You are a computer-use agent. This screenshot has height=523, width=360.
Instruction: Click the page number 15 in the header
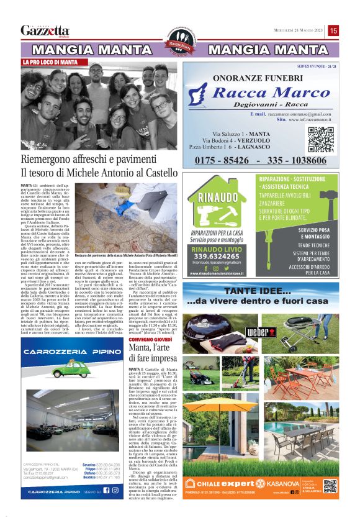333,30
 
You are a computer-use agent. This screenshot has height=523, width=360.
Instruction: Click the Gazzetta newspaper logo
45,30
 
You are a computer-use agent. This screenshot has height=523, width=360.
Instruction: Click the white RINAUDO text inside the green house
218,200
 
